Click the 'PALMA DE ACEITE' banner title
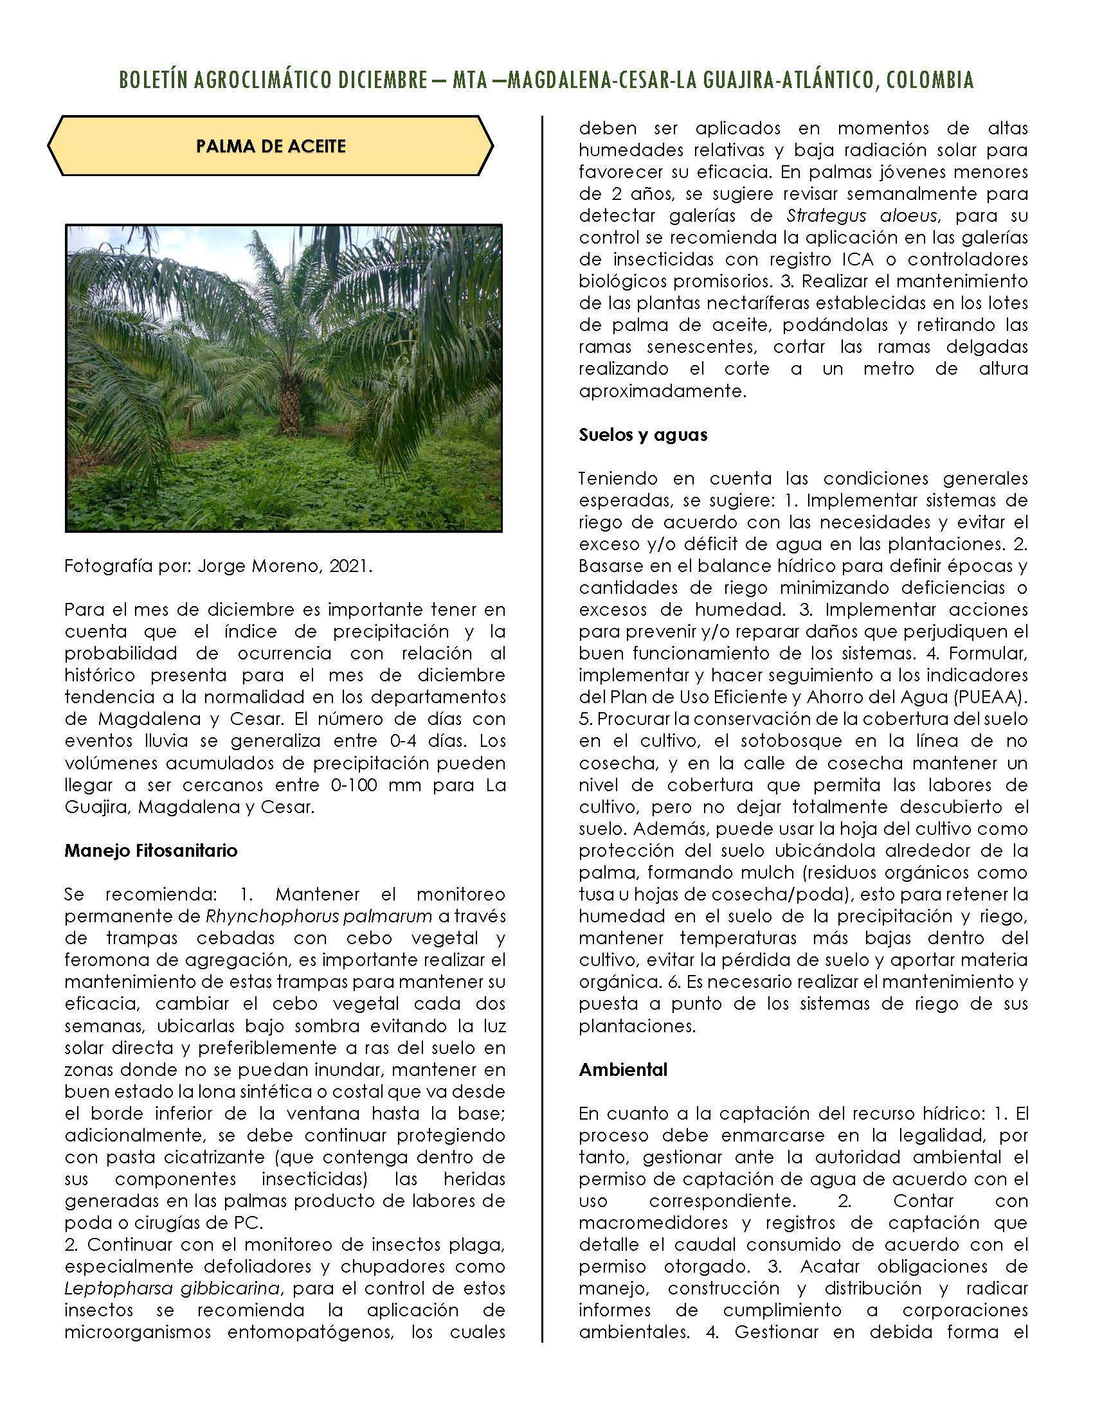point(271,147)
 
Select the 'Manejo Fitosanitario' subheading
point(150,850)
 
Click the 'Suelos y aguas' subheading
point(642,434)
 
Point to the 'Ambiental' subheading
point(623,1069)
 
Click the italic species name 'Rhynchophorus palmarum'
point(318,916)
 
